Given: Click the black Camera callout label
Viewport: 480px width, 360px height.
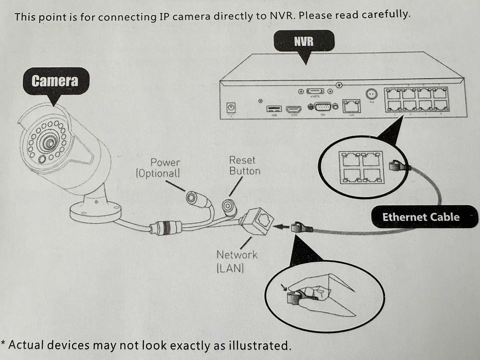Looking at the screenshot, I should click(x=55, y=81).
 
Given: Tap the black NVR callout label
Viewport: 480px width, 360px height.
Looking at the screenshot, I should click(x=304, y=41).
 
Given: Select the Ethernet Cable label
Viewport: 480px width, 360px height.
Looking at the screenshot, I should click(x=421, y=217).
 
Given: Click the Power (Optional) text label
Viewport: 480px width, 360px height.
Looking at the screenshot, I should click(x=158, y=168).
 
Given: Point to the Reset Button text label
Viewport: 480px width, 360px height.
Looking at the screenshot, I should click(x=244, y=166).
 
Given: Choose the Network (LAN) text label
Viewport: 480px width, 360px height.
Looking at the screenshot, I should click(x=237, y=261).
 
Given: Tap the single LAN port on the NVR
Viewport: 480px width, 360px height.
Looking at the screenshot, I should click(x=351, y=106).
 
